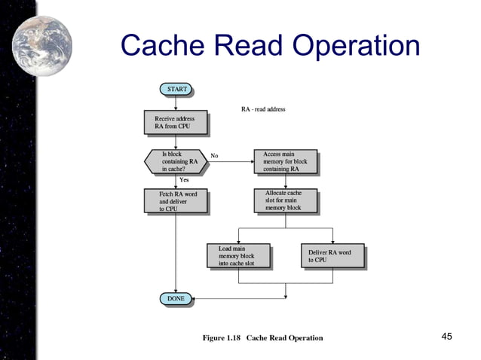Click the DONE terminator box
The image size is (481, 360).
tap(175, 299)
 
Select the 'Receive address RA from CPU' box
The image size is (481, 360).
tap(175, 123)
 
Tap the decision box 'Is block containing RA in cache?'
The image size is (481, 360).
tap(175, 160)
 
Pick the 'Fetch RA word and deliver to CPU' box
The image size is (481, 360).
tap(175, 201)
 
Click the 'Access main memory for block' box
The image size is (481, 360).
tap(285, 161)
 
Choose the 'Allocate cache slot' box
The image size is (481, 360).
tap(285, 200)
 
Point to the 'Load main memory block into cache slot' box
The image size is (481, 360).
tap(238, 255)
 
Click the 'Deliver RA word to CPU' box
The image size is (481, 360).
tap(332, 255)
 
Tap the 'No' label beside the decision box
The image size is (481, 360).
tap(214, 157)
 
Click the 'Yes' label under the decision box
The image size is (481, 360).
tap(184, 179)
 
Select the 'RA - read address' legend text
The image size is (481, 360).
tap(263, 110)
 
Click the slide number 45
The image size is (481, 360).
tap(446, 336)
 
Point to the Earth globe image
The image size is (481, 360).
tap(43, 45)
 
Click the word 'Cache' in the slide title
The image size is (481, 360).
tap(160, 47)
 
